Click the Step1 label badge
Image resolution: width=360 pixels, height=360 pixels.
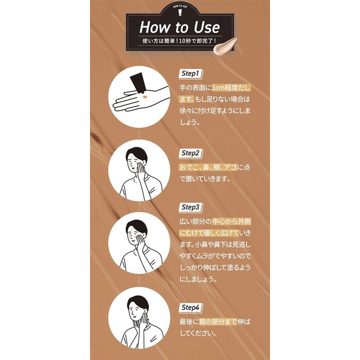(190, 74)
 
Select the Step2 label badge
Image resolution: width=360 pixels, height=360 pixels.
(190, 153)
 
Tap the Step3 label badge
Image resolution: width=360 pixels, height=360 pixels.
(190, 207)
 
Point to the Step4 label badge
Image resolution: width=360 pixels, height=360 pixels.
(190, 308)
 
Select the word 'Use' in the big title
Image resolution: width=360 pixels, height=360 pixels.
(207, 27)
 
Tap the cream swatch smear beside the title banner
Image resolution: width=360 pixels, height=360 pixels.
(225, 46)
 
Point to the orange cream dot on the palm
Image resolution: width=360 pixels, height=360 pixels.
(145, 97)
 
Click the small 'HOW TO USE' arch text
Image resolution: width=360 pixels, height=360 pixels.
(180, 6)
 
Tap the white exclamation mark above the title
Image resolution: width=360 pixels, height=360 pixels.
(180, 13)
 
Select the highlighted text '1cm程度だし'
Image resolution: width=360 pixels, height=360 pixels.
(231, 88)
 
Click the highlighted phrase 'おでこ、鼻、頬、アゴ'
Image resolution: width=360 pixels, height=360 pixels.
(208, 167)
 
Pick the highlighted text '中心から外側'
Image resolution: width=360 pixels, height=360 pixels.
(231, 221)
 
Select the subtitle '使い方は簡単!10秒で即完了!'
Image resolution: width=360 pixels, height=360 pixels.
(179, 41)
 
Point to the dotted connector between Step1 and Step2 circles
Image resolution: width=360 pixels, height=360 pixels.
(139, 134)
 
